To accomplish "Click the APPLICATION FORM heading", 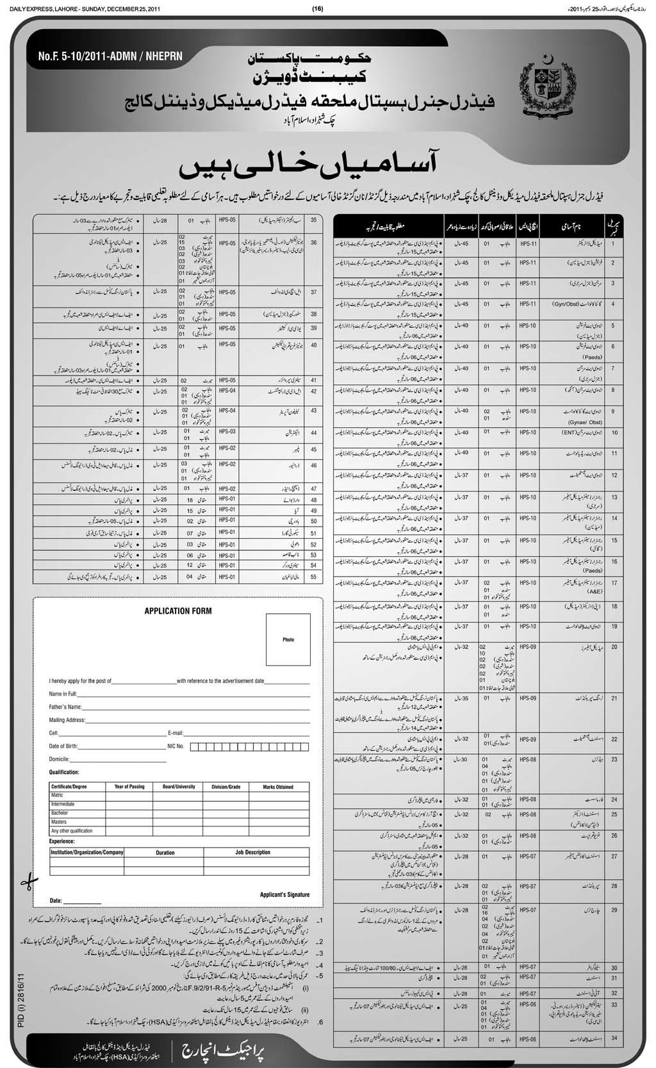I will (x=177, y=611).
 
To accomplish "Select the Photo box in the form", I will (x=288, y=639).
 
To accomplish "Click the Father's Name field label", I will (x=65, y=707).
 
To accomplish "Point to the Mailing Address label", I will (x=67, y=719).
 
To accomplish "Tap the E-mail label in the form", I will (x=176, y=732).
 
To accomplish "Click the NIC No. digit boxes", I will (x=256, y=746).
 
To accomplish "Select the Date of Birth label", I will (x=63, y=746).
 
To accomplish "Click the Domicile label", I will (x=58, y=759).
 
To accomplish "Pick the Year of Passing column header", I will (x=129, y=786).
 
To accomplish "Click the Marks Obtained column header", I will (x=277, y=787).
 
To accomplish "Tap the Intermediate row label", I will (x=63, y=803).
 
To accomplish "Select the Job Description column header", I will (x=252, y=852).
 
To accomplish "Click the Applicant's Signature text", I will (x=284, y=894).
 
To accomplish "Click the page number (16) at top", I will (x=318, y=8).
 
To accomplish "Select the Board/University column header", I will (x=179, y=786).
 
